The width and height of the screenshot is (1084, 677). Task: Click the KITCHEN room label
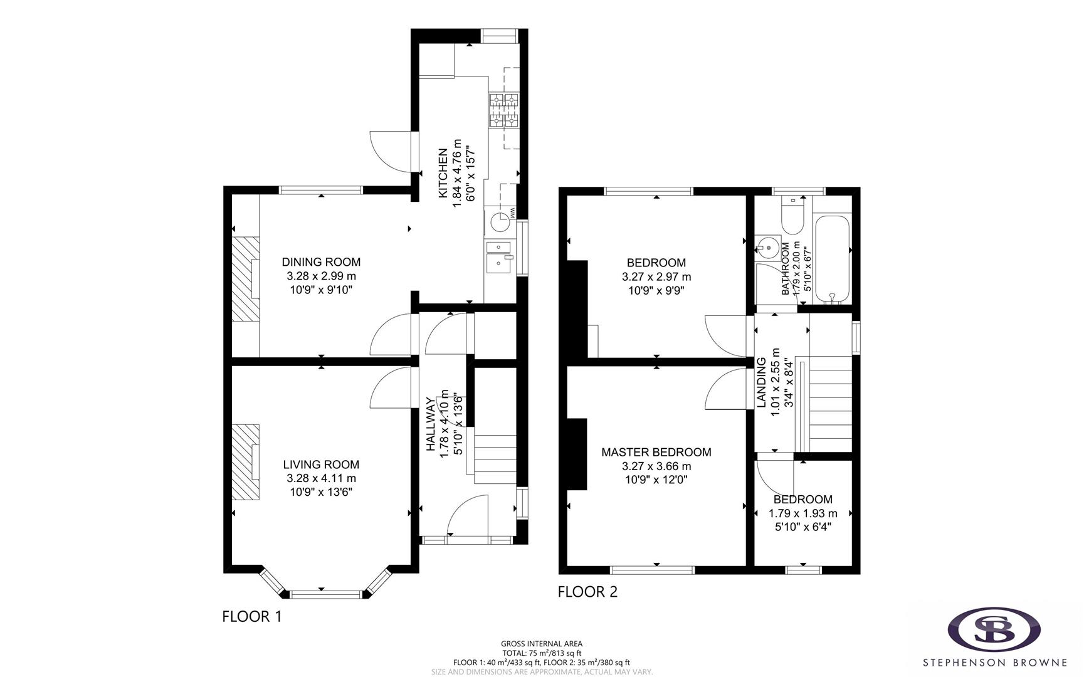(443, 174)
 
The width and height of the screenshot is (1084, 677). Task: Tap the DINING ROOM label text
(321, 262)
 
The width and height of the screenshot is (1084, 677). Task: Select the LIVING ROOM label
(321, 464)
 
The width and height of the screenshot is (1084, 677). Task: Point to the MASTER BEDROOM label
(656, 452)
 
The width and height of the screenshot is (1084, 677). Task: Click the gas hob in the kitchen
(504, 111)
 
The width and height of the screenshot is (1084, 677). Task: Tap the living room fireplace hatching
(245, 462)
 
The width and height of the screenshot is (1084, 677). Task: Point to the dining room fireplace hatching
(245, 279)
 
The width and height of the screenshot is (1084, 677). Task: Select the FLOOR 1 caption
(251, 616)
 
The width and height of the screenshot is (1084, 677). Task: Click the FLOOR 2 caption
(587, 591)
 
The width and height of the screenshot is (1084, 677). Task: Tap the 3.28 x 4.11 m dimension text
(321, 478)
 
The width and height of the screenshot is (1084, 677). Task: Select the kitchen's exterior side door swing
(392, 150)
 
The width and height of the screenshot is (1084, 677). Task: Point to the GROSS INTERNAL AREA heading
(541, 644)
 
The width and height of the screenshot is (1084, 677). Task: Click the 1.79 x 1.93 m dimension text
(802, 513)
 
